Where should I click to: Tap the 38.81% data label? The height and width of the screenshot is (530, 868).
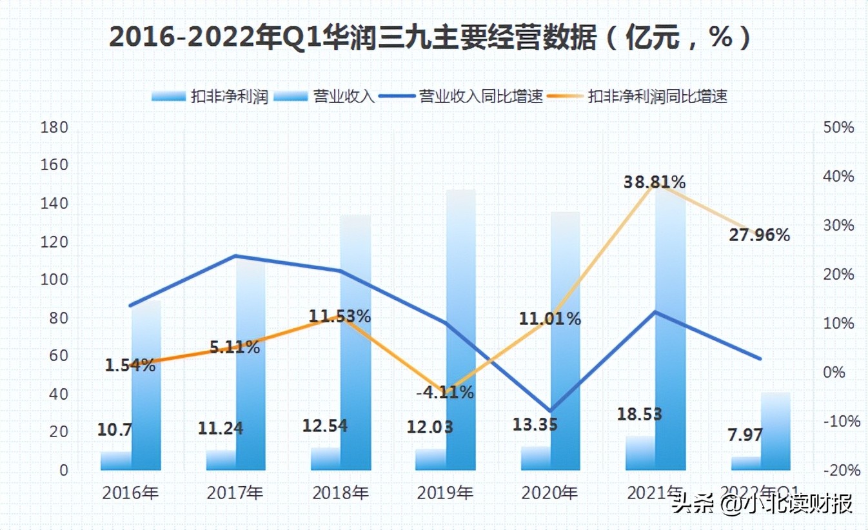(x=654, y=182)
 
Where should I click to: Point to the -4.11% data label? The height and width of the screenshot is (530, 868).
(x=444, y=391)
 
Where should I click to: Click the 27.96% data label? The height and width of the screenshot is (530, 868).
(x=759, y=235)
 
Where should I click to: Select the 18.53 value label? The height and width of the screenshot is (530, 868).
(x=640, y=414)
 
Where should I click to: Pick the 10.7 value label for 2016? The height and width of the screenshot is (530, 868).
(x=115, y=429)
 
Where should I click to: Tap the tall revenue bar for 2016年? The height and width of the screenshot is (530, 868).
(x=146, y=387)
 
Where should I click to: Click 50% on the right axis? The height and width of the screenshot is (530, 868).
(x=838, y=128)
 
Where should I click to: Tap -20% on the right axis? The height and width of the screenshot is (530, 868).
(x=838, y=470)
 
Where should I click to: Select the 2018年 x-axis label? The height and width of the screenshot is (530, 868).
(x=340, y=493)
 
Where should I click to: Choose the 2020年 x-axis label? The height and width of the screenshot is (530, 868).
(x=549, y=493)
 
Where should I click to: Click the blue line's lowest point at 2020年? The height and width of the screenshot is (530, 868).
(x=550, y=411)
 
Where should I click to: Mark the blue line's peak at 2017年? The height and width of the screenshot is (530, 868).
(x=235, y=256)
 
